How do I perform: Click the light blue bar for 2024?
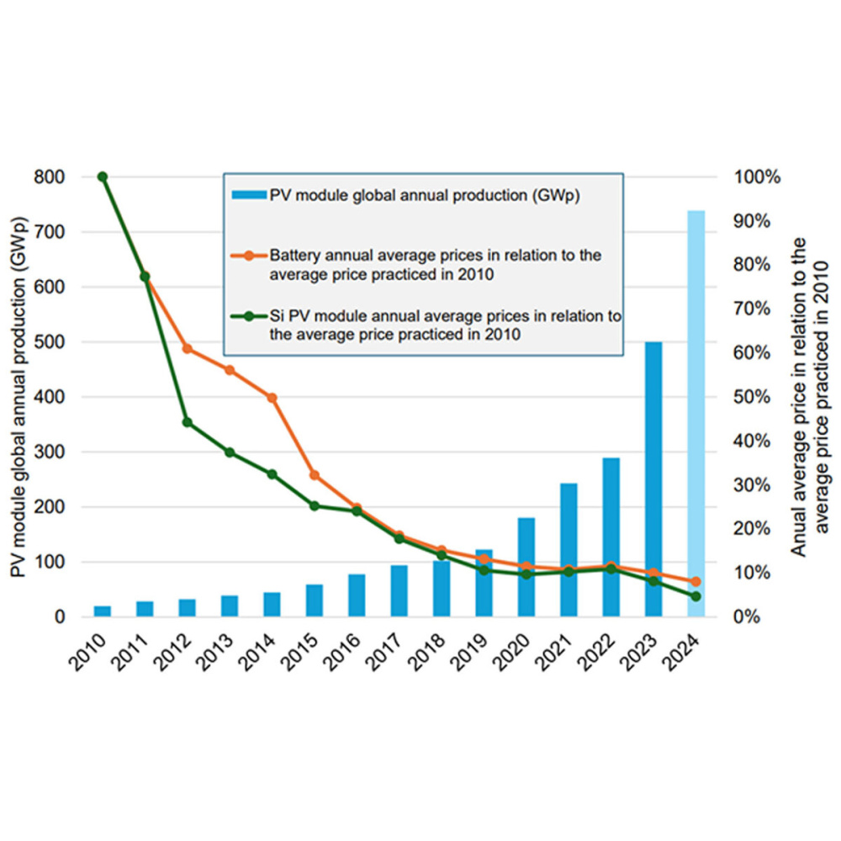pyautogui.click(x=696, y=412)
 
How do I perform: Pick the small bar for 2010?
pyautogui.click(x=103, y=611)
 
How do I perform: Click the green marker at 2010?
pyautogui.click(x=103, y=177)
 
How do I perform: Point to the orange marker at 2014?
pyautogui.click(x=272, y=397)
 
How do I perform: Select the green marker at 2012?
pyautogui.click(x=188, y=422)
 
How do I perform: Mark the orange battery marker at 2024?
pyautogui.click(x=696, y=582)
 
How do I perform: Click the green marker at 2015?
pyautogui.click(x=315, y=506)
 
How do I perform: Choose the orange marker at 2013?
pyautogui.click(x=230, y=370)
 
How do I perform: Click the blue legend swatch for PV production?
pyautogui.click(x=249, y=196)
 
